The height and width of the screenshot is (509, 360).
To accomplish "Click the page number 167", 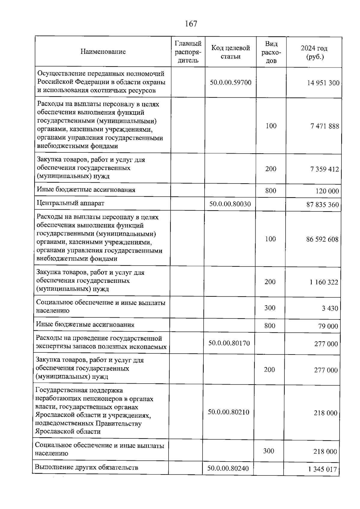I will [x=191, y=24].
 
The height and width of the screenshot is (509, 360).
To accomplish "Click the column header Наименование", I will [x=103, y=52].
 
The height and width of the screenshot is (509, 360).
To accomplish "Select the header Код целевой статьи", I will [x=230, y=52].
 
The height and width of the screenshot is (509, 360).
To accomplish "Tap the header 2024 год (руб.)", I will [x=314, y=52].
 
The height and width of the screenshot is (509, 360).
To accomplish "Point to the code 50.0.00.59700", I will [x=230, y=82].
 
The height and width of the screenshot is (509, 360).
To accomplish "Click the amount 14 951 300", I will [x=323, y=83].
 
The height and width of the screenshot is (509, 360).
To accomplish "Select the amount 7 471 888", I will [x=325, y=126].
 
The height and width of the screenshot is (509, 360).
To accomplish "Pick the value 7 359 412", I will [x=325, y=169].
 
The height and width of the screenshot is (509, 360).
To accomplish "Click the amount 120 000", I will [x=327, y=191].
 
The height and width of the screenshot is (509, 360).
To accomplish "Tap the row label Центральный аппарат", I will [x=70, y=203].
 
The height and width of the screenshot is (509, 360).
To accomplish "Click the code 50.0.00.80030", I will [x=230, y=204].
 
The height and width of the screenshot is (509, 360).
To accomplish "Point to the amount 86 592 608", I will [x=322, y=239].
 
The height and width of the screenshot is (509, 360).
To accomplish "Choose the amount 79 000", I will [x=328, y=326].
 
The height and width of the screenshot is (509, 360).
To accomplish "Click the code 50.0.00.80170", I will [x=229, y=343].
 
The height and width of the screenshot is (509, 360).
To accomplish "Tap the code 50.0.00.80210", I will [x=229, y=412].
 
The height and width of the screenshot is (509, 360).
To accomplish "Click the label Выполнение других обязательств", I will [x=87, y=468].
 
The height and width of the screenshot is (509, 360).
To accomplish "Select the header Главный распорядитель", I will [x=188, y=52].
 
